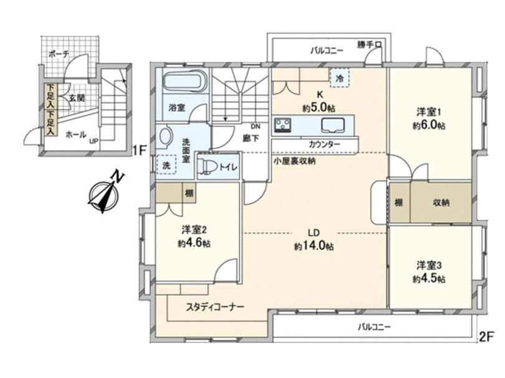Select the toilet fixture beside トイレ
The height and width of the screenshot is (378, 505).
pos(209,166)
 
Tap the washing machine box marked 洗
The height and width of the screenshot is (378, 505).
pos(166,166)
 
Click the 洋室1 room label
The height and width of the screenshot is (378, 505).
pos(429,112)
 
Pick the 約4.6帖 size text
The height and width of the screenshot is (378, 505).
pos(193,243)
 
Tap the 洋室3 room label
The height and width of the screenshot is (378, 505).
pos(429,265)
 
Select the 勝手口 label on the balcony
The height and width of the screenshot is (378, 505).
pos(373,45)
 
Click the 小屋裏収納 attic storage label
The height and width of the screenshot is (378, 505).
pos(294,161)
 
